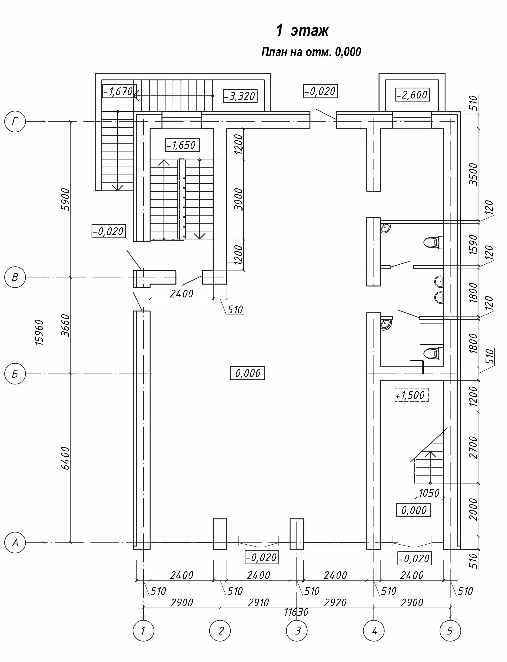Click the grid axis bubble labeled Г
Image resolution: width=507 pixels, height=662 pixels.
(15, 122)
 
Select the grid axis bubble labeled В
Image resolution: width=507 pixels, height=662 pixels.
(15, 277)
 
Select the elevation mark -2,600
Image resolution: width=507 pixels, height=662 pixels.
(412, 95)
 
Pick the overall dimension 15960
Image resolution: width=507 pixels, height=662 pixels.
(39, 332)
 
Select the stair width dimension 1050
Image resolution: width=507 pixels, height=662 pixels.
(429, 493)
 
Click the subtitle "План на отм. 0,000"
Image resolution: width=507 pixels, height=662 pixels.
(311, 52)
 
